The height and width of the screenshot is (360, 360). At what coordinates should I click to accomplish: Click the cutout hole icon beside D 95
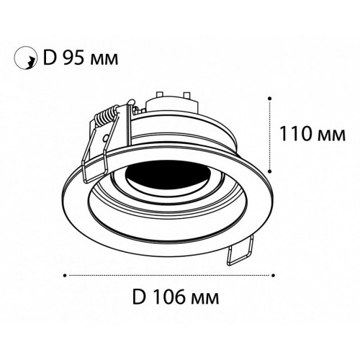coord(26,58)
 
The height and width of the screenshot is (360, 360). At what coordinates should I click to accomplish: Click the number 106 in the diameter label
coord(170,297)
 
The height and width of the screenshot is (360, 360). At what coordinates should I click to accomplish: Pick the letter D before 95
coord(49,58)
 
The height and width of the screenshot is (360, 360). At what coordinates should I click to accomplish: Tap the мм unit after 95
coord(104,60)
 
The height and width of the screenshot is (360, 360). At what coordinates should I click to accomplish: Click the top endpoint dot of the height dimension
coord(270,98)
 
